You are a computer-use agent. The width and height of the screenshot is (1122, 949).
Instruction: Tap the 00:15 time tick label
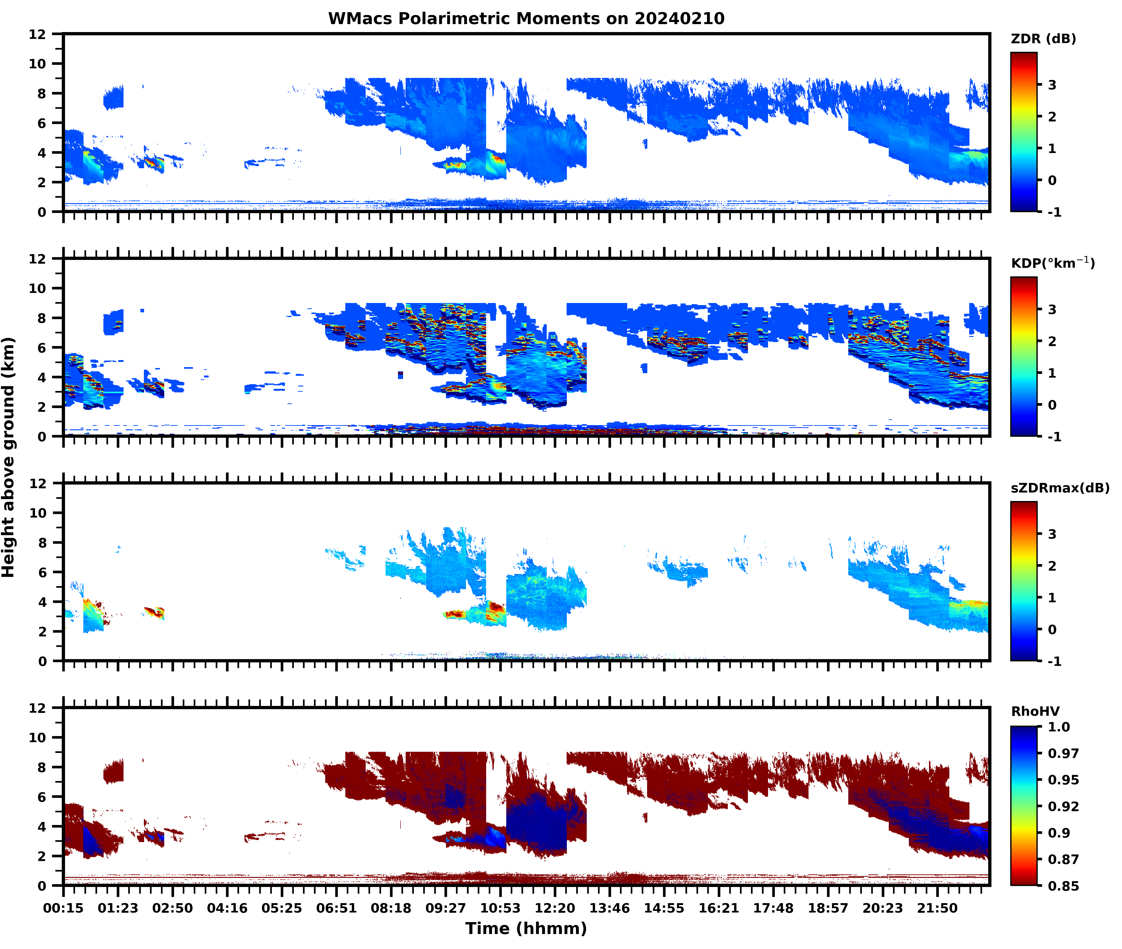63,908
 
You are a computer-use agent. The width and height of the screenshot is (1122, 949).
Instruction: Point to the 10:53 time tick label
500,908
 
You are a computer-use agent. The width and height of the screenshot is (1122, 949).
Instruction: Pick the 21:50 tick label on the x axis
937,908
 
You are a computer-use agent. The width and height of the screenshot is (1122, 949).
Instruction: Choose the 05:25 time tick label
282,908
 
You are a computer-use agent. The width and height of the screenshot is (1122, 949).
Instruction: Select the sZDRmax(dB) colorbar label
1060,488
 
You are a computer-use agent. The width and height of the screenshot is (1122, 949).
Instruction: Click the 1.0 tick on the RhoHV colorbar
1059,727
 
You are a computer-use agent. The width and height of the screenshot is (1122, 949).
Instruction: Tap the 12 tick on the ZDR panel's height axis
38,34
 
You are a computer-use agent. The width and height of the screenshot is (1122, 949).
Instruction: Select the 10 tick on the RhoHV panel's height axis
38,737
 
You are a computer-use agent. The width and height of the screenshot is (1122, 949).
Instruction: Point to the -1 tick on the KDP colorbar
1054,436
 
